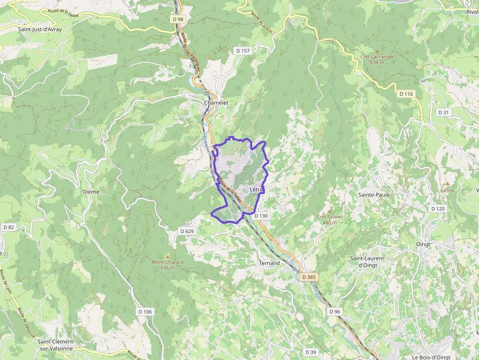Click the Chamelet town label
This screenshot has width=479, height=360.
coord(216,103)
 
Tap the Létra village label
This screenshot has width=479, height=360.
coord(257,190)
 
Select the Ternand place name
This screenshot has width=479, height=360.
coord(269,263)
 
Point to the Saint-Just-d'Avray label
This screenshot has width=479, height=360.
coord(40,29)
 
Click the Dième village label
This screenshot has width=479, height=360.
coord(91,191)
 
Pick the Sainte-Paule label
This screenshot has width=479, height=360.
coord(374,194)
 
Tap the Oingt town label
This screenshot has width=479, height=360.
coord(423,244)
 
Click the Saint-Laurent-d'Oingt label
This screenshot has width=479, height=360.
coord(368,261)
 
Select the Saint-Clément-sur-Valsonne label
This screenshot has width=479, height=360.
coord(56,344)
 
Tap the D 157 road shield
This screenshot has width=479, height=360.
coord(242,51)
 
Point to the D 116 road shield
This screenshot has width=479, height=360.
coord(406,93)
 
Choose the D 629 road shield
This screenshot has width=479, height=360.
coord(187,231)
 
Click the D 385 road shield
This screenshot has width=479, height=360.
coord(309,277)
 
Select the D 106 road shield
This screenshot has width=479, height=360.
coord(145,312)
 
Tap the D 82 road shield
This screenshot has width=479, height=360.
coord(9,227)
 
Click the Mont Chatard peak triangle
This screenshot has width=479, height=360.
coord(168,256)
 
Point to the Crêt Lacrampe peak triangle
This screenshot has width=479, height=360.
coord(377,51)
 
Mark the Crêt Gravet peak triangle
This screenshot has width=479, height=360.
coord(329,211)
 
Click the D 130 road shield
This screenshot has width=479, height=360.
coord(261,215)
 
